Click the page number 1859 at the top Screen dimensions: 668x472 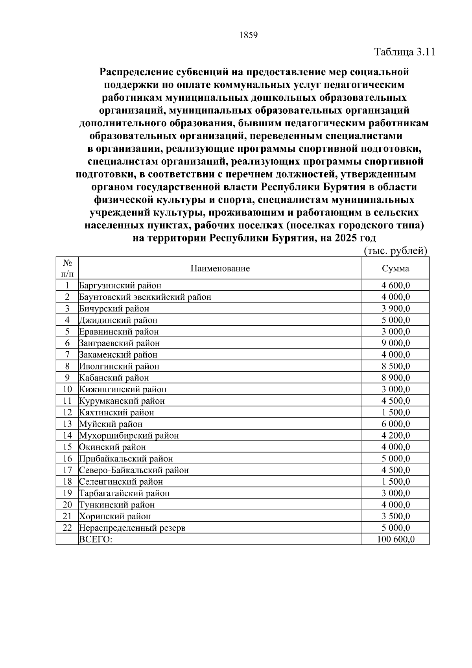coord(248,35)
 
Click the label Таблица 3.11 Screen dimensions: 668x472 coord(404,52)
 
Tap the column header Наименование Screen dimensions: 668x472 coord(220,269)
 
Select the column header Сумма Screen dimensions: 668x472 coord(395,269)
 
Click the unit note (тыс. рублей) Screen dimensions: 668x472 coord(395,251)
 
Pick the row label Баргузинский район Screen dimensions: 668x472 coord(120,286)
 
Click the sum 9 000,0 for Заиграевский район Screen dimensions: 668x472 coord(395,343)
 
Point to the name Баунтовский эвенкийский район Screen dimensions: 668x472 coord(145,297)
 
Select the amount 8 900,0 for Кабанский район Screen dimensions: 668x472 coord(395,378)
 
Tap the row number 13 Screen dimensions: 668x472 coord(67,424)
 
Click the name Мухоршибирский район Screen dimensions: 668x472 coord(129,435)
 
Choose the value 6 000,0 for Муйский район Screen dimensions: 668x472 coord(395,424)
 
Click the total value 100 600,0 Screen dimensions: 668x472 coord(395,539)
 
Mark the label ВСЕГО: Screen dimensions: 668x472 coord(96,539)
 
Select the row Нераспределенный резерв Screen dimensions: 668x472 coord(132,528)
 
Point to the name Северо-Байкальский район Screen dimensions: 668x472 coord(134,470)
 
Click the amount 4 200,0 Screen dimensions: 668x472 coord(395,435)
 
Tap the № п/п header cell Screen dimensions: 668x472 coord(67,268)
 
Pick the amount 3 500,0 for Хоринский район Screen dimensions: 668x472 coord(395,516)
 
